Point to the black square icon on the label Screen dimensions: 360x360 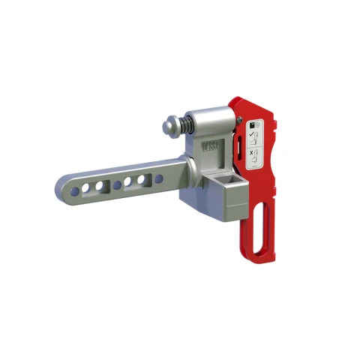coord(253,122)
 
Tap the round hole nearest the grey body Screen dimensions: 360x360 coord(159,178)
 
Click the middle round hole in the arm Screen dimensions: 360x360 coord(116,184)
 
